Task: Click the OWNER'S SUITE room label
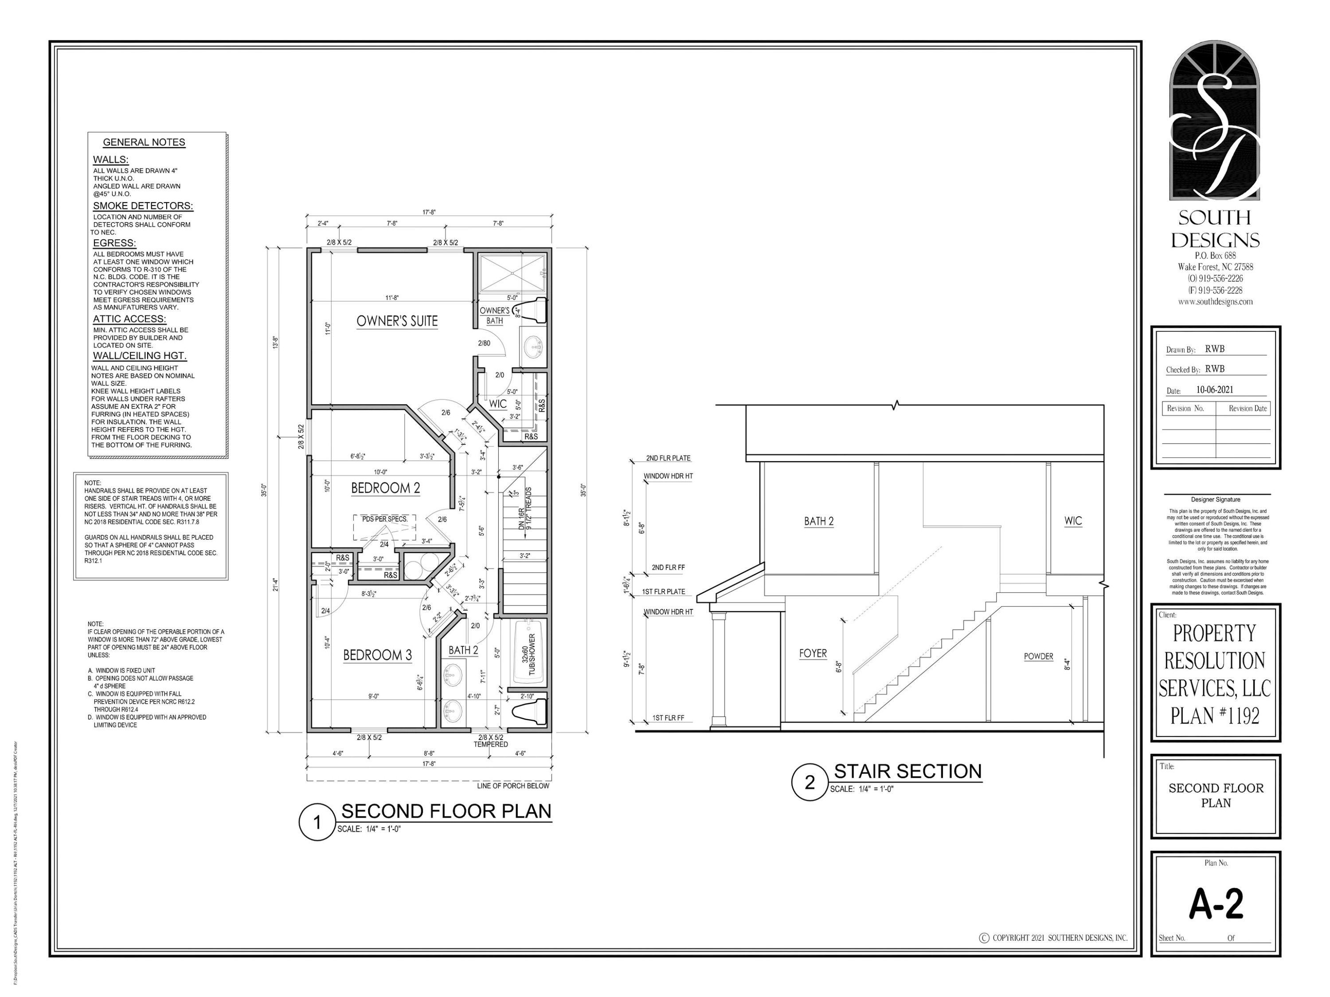(x=397, y=321)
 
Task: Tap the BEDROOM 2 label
(x=385, y=488)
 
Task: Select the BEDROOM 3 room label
(x=377, y=655)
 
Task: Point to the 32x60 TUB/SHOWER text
(x=528, y=654)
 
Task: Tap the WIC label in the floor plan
(x=497, y=404)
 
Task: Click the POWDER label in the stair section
(x=1038, y=656)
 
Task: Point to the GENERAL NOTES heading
(x=144, y=142)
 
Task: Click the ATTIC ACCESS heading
(x=129, y=319)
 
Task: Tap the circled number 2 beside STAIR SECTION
(x=809, y=782)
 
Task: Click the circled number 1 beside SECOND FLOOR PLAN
(x=317, y=822)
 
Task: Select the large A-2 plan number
(x=1216, y=904)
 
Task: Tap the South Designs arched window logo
(x=1215, y=120)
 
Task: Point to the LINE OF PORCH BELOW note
(x=513, y=786)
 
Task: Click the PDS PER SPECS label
(x=384, y=518)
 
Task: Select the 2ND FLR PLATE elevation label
(x=668, y=458)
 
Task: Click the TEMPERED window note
(x=491, y=744)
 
